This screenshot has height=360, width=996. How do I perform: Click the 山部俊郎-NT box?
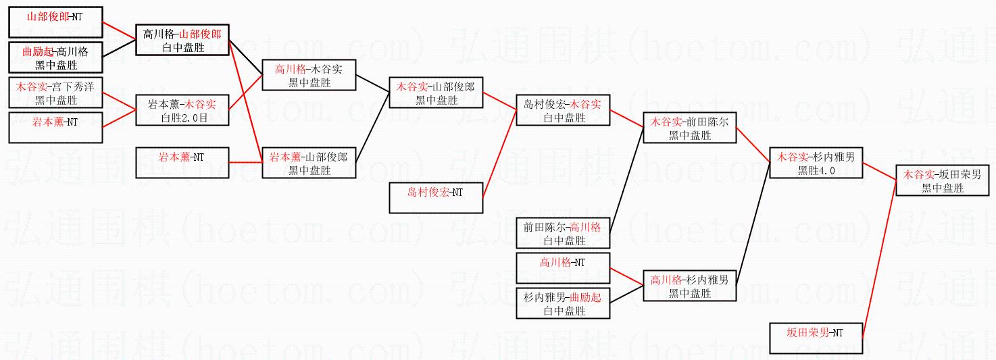tap(55, 23)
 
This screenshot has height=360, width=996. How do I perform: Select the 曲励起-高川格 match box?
tap(55, 57)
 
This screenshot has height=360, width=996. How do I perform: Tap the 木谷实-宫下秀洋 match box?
tap(55, 93)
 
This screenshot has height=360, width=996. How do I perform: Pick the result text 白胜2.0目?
tap(182, 118)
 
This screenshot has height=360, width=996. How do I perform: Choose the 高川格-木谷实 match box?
tap(309, 75)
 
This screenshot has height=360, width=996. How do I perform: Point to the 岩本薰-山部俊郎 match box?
tap(309, 163)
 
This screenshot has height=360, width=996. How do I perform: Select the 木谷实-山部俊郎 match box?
tap(436, 93)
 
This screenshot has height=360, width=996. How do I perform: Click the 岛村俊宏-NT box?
tap(436, 198)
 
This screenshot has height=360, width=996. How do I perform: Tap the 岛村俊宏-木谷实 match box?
tap(562, 110)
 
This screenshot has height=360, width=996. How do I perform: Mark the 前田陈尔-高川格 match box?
tap(562, 233)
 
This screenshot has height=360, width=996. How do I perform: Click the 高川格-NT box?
tap(562, 268)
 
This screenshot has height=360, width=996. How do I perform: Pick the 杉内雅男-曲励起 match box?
tap(562, 303)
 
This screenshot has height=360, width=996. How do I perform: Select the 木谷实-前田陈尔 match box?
tap(689, 128)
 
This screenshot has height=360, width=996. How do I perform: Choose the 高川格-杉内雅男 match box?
tap(689, 286)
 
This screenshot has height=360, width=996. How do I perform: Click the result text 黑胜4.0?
tap(816, 170)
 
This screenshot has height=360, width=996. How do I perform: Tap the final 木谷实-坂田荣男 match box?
tap(943, 180)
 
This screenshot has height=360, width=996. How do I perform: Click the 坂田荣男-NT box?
tap(816, 338)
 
